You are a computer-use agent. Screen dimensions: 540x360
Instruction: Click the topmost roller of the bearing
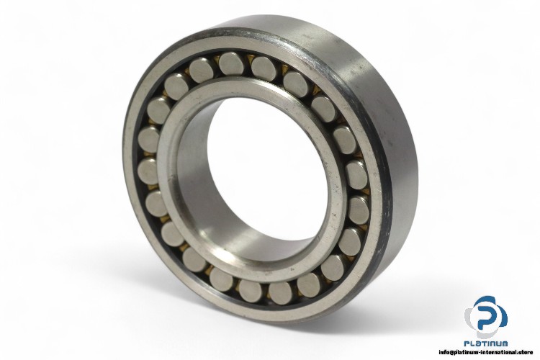point(231,64)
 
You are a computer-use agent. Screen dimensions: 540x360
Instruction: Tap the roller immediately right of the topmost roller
point(263,69)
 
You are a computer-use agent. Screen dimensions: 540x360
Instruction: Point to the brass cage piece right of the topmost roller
point(248,61)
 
